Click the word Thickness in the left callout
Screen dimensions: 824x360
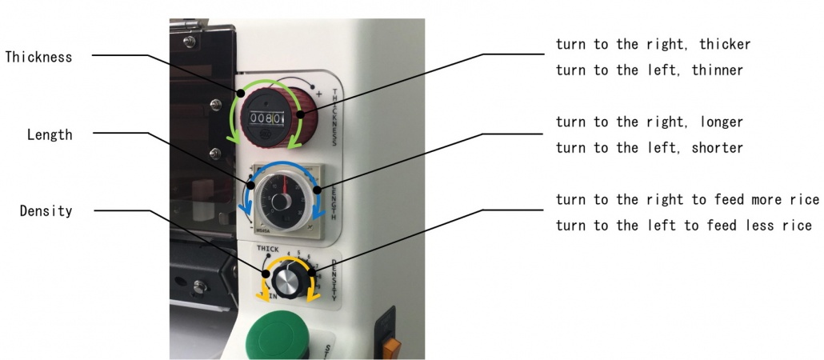click(x=39, y=57)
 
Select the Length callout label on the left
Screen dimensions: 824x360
click(x=50, y=135)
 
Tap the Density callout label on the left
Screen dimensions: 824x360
click(x=46, y=211)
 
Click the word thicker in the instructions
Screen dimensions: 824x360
click(x=726, y=45)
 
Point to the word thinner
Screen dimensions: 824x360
click(x=718, y=70)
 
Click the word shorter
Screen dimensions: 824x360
click(x=718, y=148)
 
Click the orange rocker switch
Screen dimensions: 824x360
click(x=391, y=347)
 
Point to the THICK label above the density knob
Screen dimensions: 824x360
click(x=267, y=249)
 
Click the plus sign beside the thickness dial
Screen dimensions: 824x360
click(x=318, y=95)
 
